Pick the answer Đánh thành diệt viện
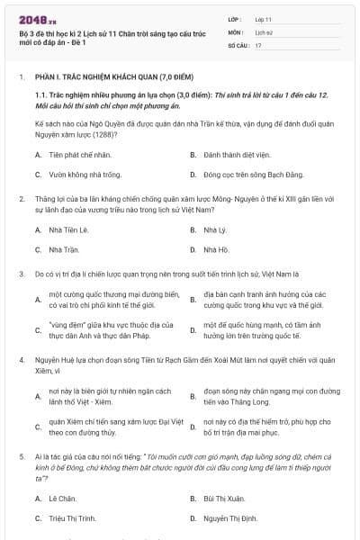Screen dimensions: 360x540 click(x=237, y=154)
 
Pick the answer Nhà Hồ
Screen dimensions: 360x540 click(x=215, y=249)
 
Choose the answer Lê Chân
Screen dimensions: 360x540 click(x=61, y=498)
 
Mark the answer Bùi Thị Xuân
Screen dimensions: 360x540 click(x=224, y=498)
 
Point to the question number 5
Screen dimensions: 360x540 click(x=21, y=457)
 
